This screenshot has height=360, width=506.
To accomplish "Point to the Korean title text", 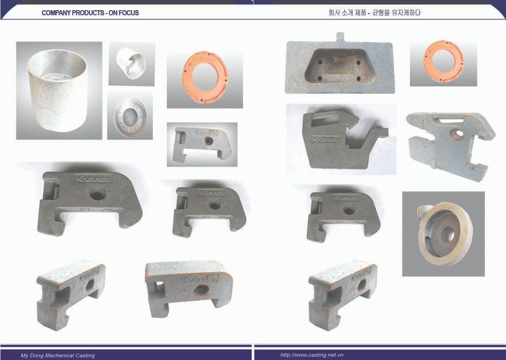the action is [374, 13].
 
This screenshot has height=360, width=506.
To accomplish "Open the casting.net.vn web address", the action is [312, 355].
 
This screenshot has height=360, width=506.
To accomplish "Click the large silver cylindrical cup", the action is [58, 90].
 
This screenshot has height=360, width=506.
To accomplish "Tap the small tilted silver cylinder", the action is [131, 63].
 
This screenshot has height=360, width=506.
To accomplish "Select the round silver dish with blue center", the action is [130, 116].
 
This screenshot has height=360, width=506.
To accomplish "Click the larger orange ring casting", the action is [205, 78].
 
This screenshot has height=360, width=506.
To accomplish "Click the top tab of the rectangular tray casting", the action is [340, 37].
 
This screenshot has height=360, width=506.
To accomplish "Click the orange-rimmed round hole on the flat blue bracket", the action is [456, 133].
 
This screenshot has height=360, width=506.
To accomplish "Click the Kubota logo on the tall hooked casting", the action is [325, 139].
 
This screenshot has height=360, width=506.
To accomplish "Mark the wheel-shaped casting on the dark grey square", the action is [445, 234].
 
